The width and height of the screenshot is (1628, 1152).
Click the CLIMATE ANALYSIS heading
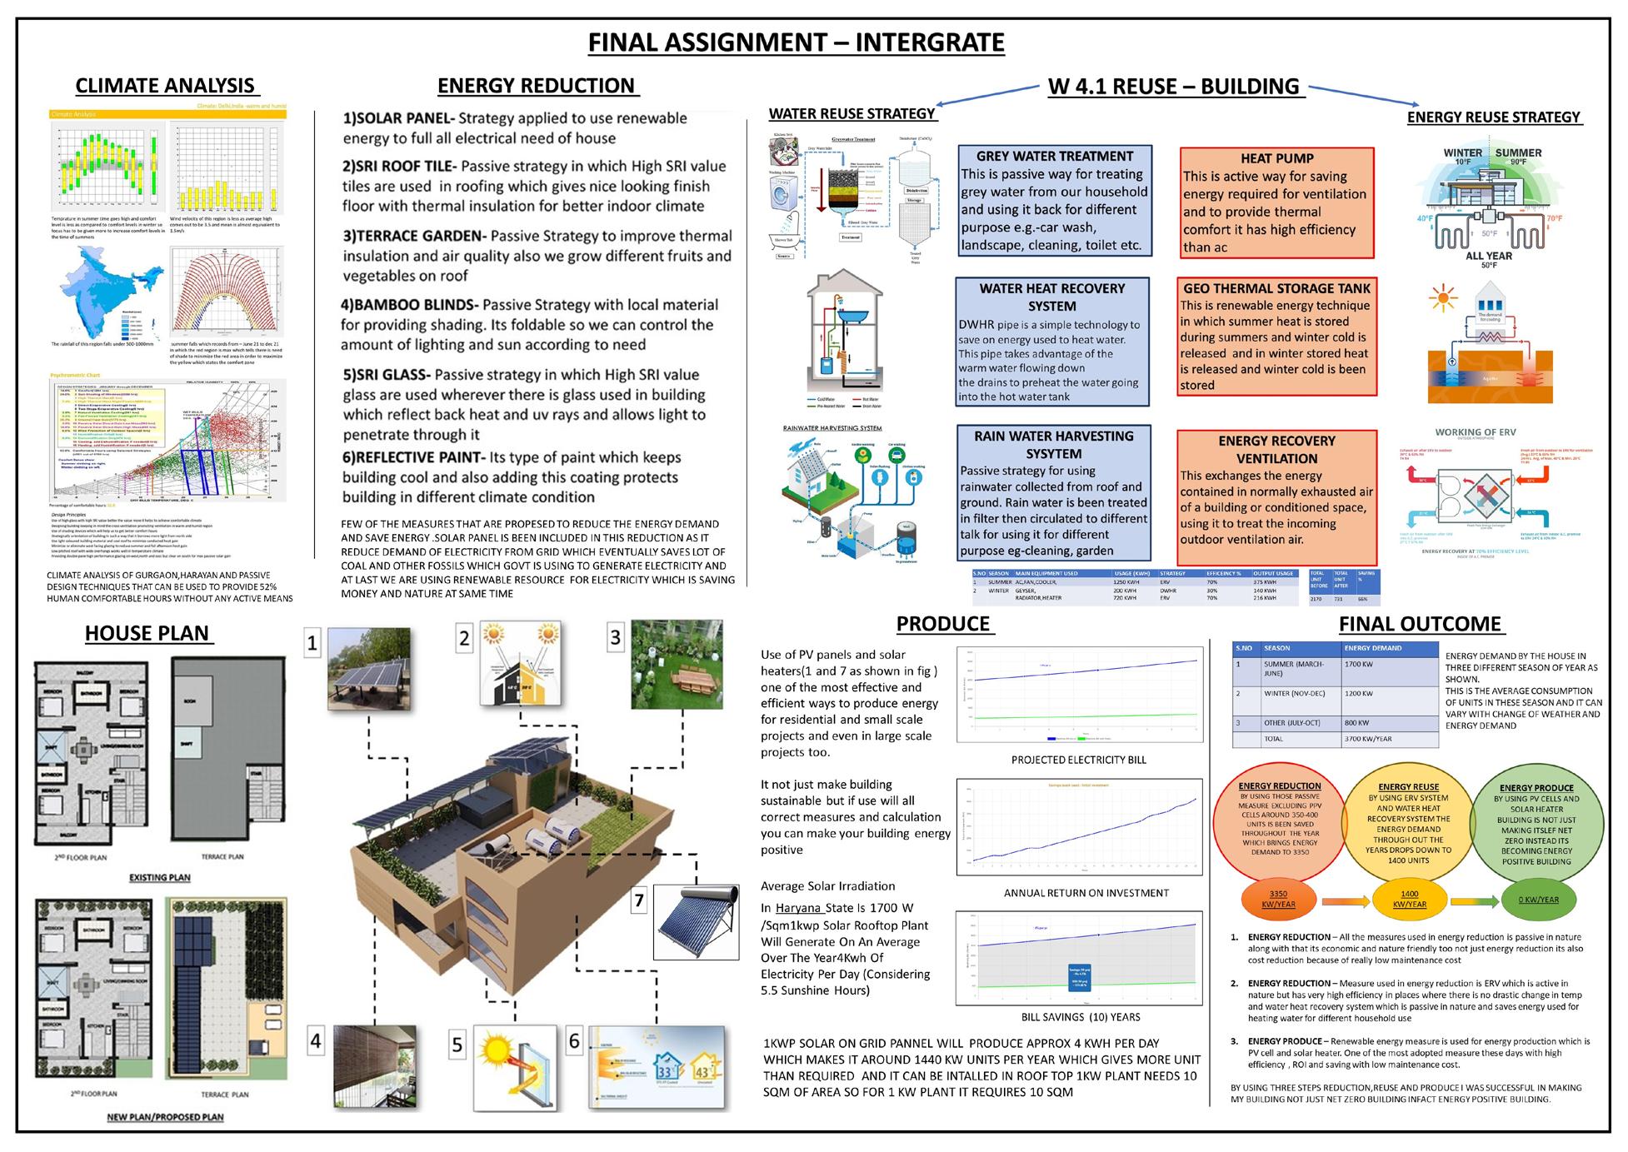(x=165, y=86)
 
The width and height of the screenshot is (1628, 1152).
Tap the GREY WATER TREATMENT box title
(x=1054, y=156)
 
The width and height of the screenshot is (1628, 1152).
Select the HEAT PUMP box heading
(x=1276, y=158)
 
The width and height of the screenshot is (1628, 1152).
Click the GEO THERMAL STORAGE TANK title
(x=1276, y=288)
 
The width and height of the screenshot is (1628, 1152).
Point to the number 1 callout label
(x=312, y=643)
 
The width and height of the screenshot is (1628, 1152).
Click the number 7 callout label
(x=639, y=900)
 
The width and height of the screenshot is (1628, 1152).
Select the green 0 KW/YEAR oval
(x=1538, y=900)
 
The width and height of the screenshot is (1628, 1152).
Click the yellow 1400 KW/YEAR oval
(x=1409, y=899)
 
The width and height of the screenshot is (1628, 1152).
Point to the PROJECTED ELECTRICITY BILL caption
(x=1078, y=760)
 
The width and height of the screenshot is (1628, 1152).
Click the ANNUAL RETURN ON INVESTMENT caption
(x=1086, y=893)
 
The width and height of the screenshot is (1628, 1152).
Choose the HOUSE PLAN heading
(x=147, y=633)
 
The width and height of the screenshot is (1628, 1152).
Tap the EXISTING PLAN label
(x=159, y=877)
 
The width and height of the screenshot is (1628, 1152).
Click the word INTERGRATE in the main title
(x=930, y=42)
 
